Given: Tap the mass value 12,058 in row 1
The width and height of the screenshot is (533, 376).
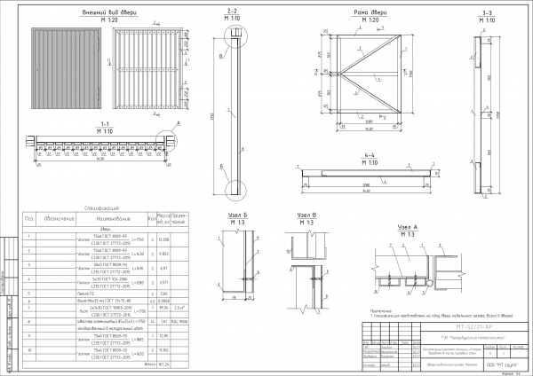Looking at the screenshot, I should tap(163, 239).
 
